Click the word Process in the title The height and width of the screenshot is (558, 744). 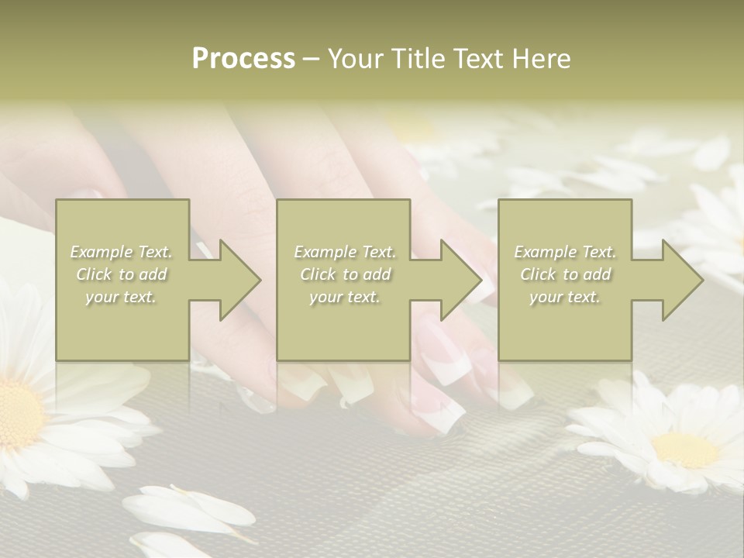pos(243,59)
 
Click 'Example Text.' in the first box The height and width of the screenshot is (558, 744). pos(122,252)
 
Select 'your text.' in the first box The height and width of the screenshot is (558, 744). pos(122,297)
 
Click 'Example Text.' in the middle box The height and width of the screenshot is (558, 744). pos(345,252)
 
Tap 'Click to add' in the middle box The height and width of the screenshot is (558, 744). pos(345,274)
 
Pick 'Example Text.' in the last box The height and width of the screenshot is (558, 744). pos(565,252)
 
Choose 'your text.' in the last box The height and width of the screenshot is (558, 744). pos(565,297)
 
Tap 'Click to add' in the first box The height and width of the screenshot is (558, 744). pos(122,274)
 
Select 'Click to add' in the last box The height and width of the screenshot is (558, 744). pos(565,274)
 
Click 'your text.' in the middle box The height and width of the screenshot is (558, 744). pos(345,297)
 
